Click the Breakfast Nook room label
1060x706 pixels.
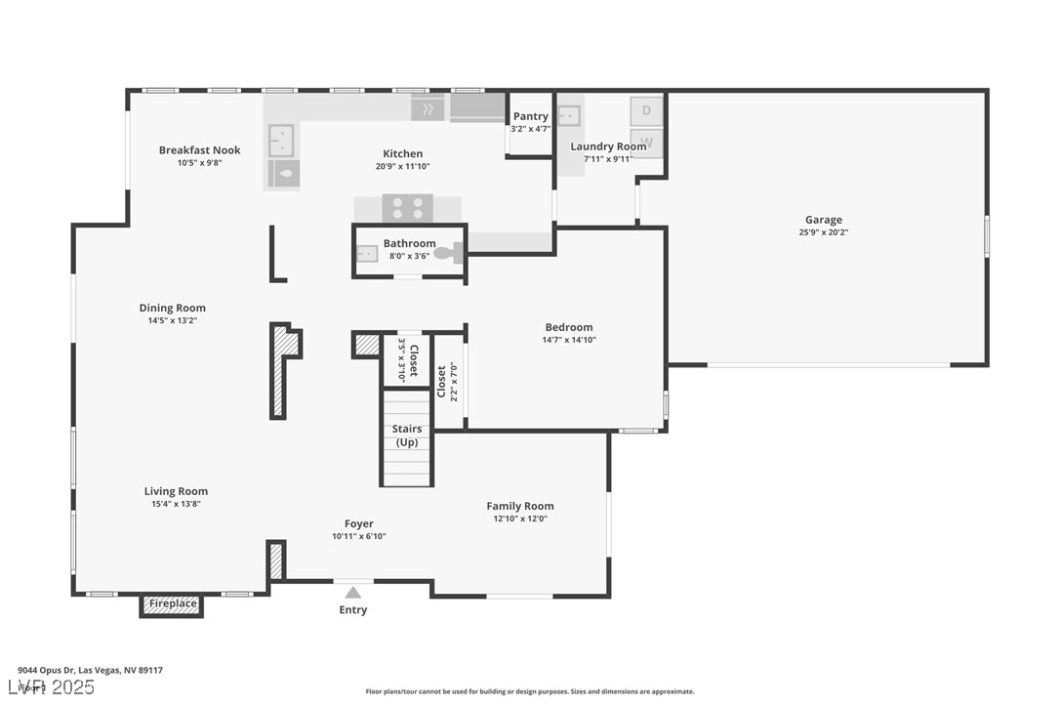click(x=199, y=150)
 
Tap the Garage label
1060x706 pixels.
click(x=823, y=220)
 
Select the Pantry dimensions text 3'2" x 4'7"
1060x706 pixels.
click(x=530, y=129)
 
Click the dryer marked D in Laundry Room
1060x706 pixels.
click(x=646, y=110)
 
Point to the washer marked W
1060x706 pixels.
click(x=646, y=143)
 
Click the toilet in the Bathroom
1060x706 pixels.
click(x=446, y=253)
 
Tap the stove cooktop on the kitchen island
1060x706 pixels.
click(x=407, y=208)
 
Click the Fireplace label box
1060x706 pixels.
click(x=172, y=604)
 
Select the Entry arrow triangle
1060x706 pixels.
click(x=352, y=592)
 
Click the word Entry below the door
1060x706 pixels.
click(x=352, y=610)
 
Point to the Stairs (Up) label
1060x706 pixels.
click(x=406, y=436)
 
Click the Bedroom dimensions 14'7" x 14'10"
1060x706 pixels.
click(x=568, y=340)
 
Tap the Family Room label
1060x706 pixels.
click(x=519, y=506)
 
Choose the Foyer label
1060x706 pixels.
click(x=358, y=523)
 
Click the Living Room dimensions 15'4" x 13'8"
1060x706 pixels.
click(x=176, y=504)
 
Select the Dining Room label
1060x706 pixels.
click(x=172, y=309)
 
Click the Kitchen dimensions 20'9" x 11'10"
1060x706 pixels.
click(x=402, y=166)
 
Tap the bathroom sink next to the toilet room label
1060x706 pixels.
click(x=367, y=254)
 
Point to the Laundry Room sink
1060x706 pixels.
click(x=568, y=115)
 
